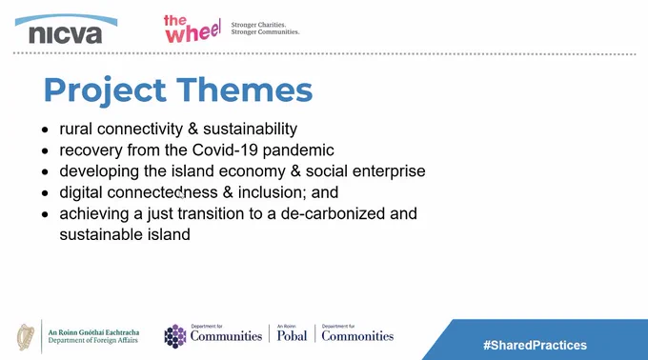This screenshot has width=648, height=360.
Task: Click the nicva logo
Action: (66, 30)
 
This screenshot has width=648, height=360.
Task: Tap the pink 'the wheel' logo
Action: (192, 29)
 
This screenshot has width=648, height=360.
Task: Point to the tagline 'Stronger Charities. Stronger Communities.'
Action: (265, 28)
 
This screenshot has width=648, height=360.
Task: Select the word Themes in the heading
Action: (245, 90)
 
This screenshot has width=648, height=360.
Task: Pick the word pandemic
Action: (298, 150)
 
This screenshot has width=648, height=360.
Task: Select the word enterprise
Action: (389, 171)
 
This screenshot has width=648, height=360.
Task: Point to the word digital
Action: (81, 192)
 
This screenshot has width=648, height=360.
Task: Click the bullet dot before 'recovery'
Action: (45, 150)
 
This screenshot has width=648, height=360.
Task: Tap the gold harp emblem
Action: (26, 337)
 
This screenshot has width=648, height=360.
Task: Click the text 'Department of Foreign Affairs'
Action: (93, 341)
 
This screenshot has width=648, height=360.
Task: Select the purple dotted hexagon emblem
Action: (175, 336)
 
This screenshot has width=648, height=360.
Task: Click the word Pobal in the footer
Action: (292, 336)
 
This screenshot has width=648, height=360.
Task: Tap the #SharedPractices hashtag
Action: (536, 345)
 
